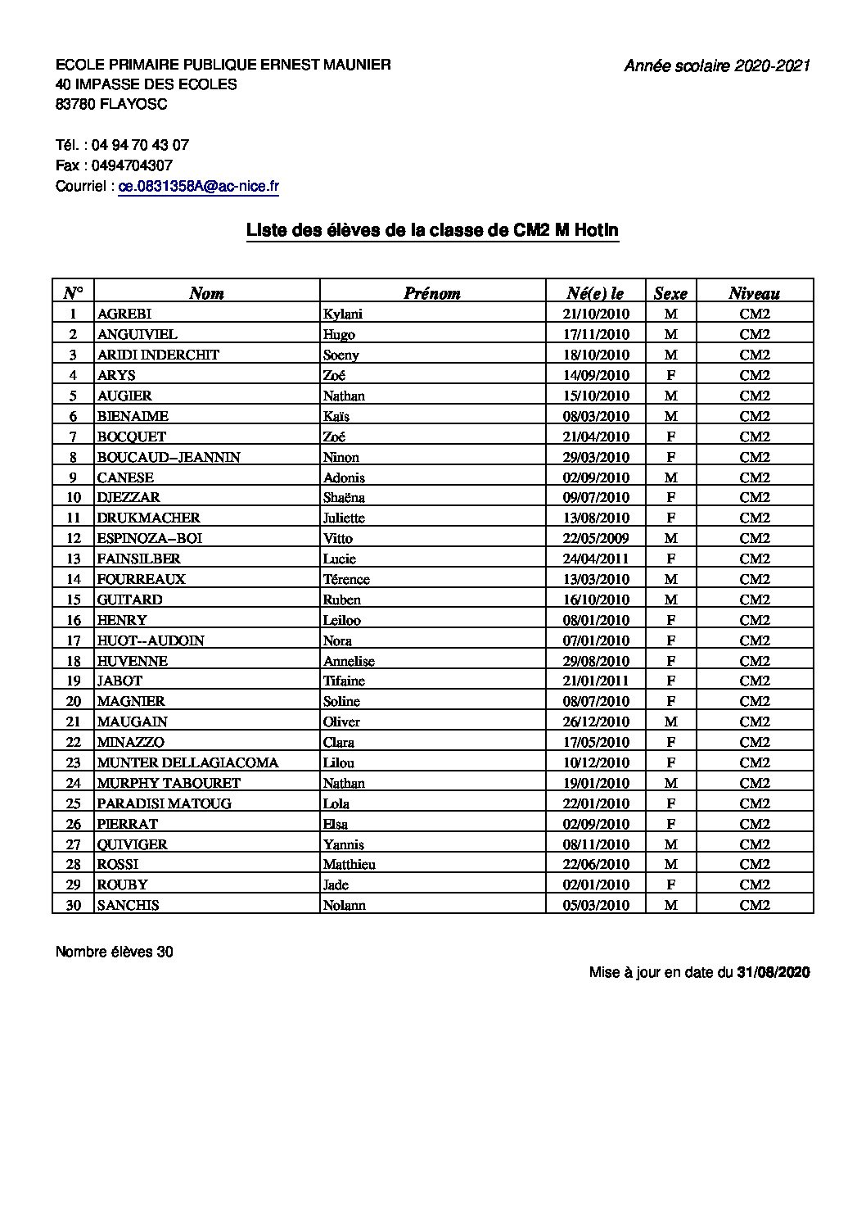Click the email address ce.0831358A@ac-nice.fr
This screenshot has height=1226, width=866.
click(x=199, y=186)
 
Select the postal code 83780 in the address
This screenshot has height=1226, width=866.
click(x=76, y=104)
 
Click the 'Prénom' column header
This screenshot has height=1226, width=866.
click(x=431, y=293)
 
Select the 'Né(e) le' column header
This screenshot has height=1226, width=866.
click(x=595, y=293)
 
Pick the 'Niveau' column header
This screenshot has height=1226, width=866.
click(x=754, y=293)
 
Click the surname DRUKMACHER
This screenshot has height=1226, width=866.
click(x=148, y=518)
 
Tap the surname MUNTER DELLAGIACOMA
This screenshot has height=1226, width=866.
click(x=187, y=762)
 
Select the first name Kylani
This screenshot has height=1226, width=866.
click(x=342, y=314)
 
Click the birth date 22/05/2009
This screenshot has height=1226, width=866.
click(x=596, y=538)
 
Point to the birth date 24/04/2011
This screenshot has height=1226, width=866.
click(x=596, y=559)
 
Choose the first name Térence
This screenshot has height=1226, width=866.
click(x=346, y=579)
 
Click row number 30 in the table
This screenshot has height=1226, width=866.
click(x=74, y=905)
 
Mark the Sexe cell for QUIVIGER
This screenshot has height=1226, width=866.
click(x=670, y=844)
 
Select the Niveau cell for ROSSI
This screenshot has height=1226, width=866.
click(x=755, y=864)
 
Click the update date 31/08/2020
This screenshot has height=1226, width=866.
click(x=773, y=972)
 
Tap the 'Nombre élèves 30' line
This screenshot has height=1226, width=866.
click(x=115, y=952)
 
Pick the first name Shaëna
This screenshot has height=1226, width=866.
click(x=344, y=497)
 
